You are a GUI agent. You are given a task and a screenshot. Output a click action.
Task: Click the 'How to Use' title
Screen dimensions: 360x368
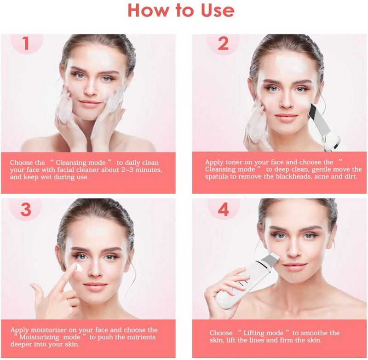tap(181, 11)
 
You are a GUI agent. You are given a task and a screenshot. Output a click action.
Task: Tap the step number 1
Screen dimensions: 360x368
tap(26, 44)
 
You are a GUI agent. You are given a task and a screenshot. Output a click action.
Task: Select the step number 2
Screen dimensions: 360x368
tap(223, 44)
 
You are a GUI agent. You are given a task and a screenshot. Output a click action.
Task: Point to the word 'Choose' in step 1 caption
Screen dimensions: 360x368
tap(22, 163)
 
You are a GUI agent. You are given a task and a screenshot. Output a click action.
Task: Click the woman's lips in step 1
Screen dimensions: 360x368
tap(90, 104)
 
